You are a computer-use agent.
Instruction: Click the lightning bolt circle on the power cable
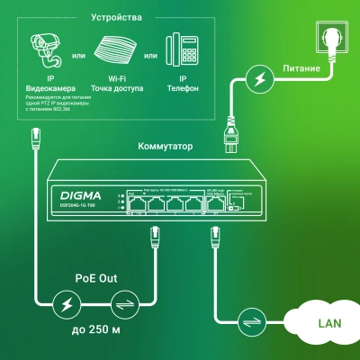[x=258, y=81]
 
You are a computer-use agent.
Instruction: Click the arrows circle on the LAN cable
[x=248, y=320]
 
